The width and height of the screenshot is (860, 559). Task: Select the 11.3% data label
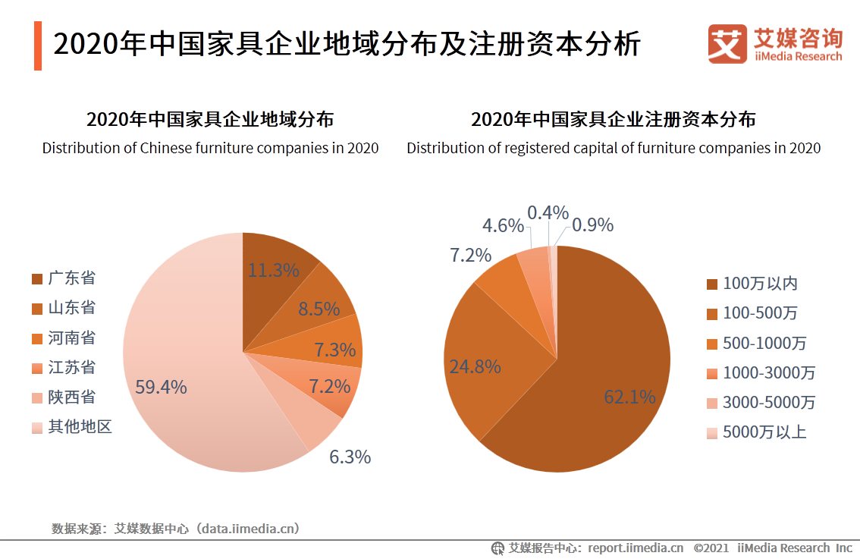pos(274,269)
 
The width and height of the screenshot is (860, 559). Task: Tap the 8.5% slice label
pos(318,309)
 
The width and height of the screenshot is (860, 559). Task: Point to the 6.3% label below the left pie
pos(350,457)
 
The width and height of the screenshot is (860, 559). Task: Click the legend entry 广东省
pos(71,278)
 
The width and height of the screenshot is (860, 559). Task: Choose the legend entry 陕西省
pos(71,397)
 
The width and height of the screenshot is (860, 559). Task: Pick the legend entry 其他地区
pos(80,427)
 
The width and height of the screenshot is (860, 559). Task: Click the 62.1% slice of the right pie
pos(607,379)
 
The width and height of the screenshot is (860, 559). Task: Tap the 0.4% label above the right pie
pos(548,212)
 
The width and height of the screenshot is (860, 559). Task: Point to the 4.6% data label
pos(503,225)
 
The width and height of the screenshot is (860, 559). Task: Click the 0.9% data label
pos(592,225)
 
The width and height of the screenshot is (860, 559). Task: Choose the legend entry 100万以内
pos(759,284)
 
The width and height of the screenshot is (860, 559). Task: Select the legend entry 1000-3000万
pos(768,372)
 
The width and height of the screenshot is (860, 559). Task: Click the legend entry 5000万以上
pos(764,432)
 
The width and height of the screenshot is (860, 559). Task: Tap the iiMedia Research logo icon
pos(727,44)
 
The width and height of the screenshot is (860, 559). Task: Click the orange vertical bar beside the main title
pos(38,46)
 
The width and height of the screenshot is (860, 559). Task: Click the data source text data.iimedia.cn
pos(247,528)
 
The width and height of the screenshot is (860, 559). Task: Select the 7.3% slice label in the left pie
pos(334,350)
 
